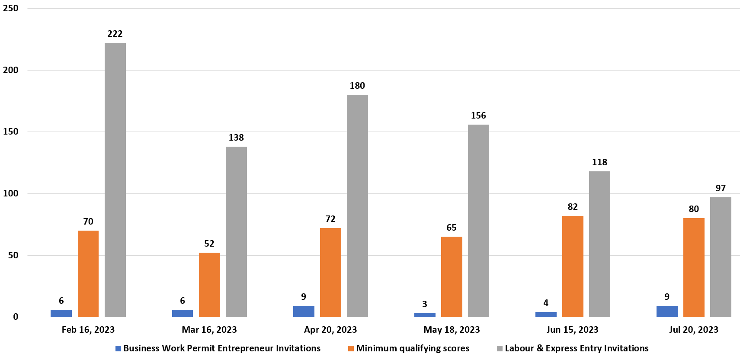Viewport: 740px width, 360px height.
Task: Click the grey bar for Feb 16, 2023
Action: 115,180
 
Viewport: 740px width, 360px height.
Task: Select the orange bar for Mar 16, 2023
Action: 209,285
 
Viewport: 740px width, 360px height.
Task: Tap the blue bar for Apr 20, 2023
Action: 304,311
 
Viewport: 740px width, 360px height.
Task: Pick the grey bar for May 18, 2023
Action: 478,221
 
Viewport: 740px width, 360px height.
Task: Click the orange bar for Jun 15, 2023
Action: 573,266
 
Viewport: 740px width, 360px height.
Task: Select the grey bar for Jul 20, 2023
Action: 721,257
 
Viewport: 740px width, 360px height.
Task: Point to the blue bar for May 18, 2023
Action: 425,315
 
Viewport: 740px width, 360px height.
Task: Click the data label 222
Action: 115,34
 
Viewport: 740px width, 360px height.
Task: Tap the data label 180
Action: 357,86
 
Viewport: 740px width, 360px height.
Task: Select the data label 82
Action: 573,207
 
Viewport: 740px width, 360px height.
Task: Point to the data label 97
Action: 721,188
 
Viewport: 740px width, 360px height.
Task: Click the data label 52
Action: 209,244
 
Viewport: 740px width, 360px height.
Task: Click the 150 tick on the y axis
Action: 11,132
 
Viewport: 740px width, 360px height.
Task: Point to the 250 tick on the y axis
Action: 11,8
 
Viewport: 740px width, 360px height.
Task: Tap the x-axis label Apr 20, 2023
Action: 330,330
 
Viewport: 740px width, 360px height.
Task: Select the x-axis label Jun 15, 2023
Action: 572,330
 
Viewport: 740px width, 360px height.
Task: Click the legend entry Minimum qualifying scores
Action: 413,348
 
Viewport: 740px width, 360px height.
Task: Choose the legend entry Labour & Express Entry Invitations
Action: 577,348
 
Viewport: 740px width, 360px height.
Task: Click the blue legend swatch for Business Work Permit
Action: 118,348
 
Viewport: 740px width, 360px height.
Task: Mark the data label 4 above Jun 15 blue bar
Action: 546,303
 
